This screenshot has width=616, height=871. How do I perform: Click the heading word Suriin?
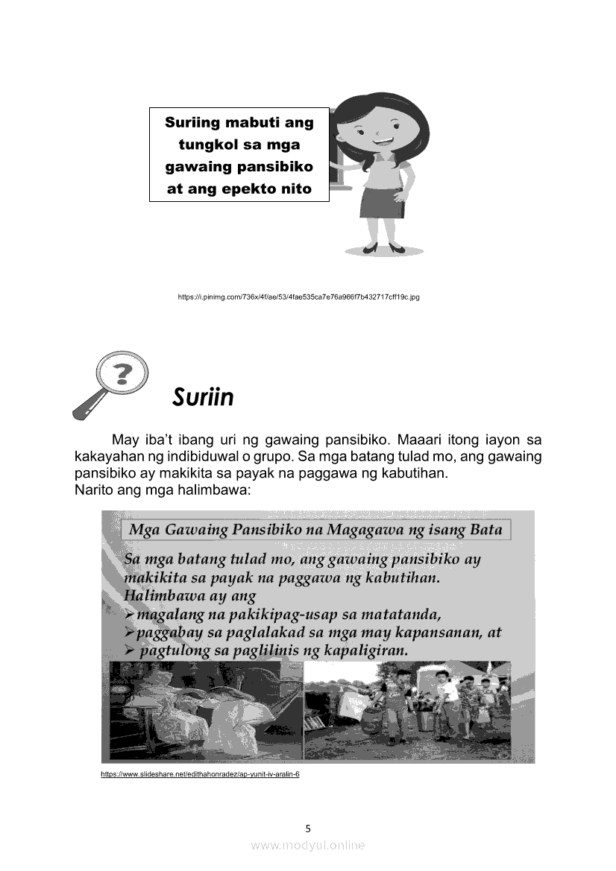pyautogui.click(x=202, y=397)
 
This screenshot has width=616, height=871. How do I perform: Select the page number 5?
pyautogui.click(x=307, y=828)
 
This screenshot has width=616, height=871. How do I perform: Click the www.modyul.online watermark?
pyautogui.click(x=307, y=845)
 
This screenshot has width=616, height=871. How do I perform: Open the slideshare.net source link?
pyautogui.click(x=200, y=774)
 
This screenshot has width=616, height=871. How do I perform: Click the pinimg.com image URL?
pyautogui.click(x=298, y=297)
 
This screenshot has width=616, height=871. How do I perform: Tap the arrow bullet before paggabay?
pyautogui.click(x=130, y=633)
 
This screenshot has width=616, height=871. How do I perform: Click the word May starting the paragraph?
pyautogui.click(x=126, y=439)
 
